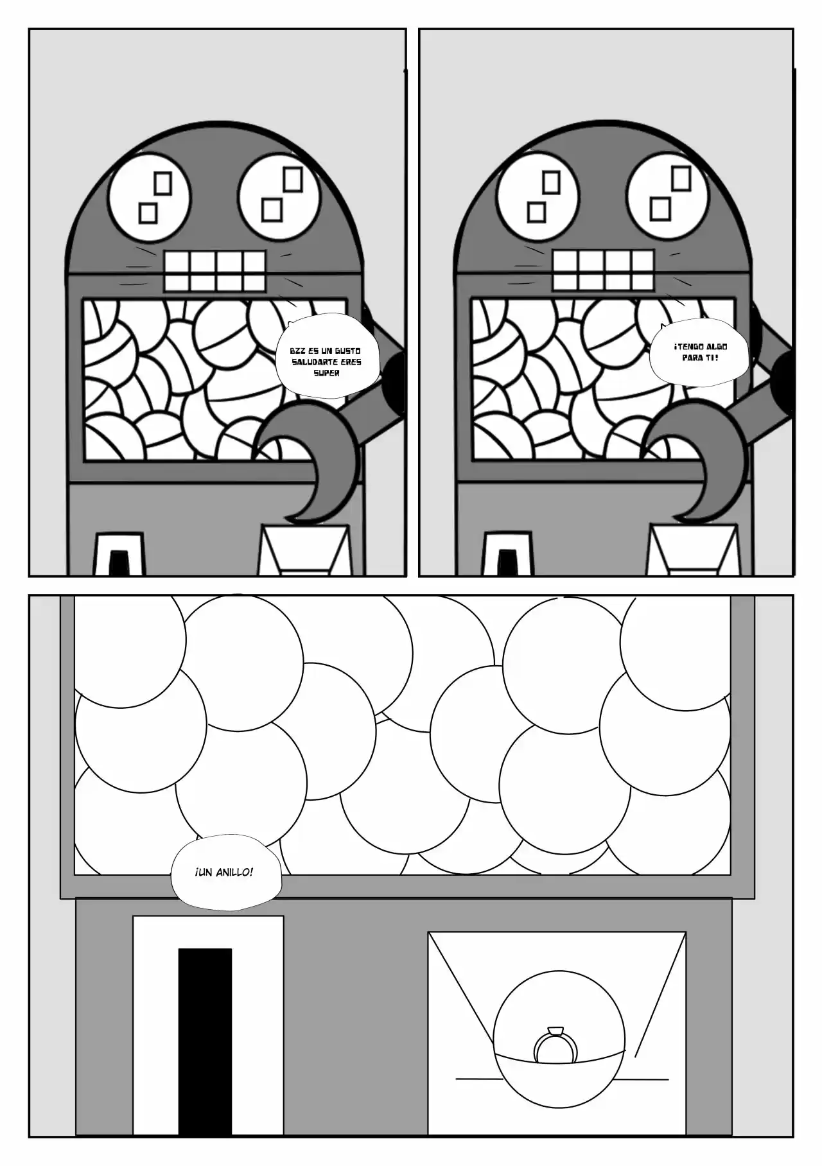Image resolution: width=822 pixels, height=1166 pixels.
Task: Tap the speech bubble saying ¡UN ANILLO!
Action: point(225,872)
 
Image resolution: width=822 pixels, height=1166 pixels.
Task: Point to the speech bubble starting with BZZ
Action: point(326,361)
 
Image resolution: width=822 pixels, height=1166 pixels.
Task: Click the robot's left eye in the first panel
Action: point(150,195)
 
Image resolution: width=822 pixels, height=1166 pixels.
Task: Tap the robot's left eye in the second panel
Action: point(538,195)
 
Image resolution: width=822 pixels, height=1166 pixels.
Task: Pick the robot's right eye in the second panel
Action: point(669,195)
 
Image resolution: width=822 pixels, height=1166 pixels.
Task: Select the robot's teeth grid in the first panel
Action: point(214,271)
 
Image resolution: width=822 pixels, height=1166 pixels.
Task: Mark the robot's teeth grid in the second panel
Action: point(603,271)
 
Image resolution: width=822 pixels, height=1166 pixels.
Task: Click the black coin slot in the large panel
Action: point(205,1036)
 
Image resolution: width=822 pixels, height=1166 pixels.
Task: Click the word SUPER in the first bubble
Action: point(326,373)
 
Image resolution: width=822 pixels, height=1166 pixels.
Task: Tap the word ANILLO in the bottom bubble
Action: point(232,873)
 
